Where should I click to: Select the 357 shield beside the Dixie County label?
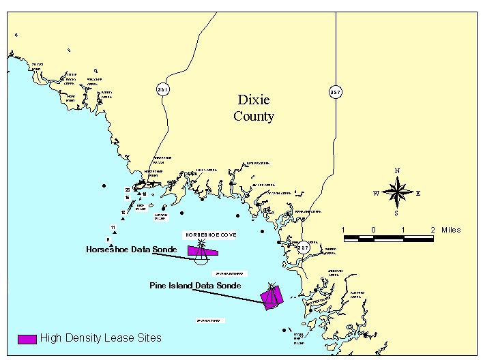[335, 92]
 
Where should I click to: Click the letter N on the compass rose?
[397, 171]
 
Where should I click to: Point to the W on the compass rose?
[376, 193]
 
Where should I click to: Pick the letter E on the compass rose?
[418, 193]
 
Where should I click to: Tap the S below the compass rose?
[396, 213]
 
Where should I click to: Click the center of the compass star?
[396, 192]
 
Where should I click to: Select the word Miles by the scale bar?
[451, 230]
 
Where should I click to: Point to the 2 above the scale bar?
[433, 229]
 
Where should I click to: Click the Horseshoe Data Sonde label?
[131, 250]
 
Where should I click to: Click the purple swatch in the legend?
[27, 339]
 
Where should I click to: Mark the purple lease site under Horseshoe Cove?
[203, 252]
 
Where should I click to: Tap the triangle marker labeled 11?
[113, 232]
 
